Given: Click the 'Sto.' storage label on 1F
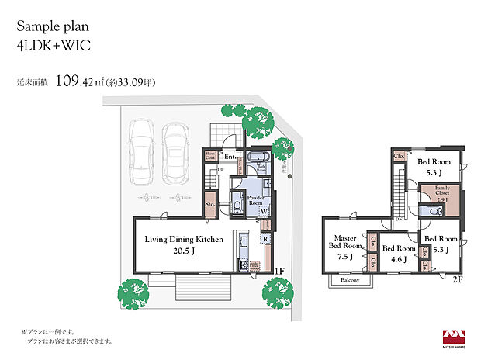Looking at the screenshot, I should click(210, 206).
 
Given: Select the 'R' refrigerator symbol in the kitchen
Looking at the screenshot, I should click(265, 240).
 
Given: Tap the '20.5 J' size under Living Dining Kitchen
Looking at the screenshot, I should click(183, 251).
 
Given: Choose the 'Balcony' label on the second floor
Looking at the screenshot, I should click(349, 280).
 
